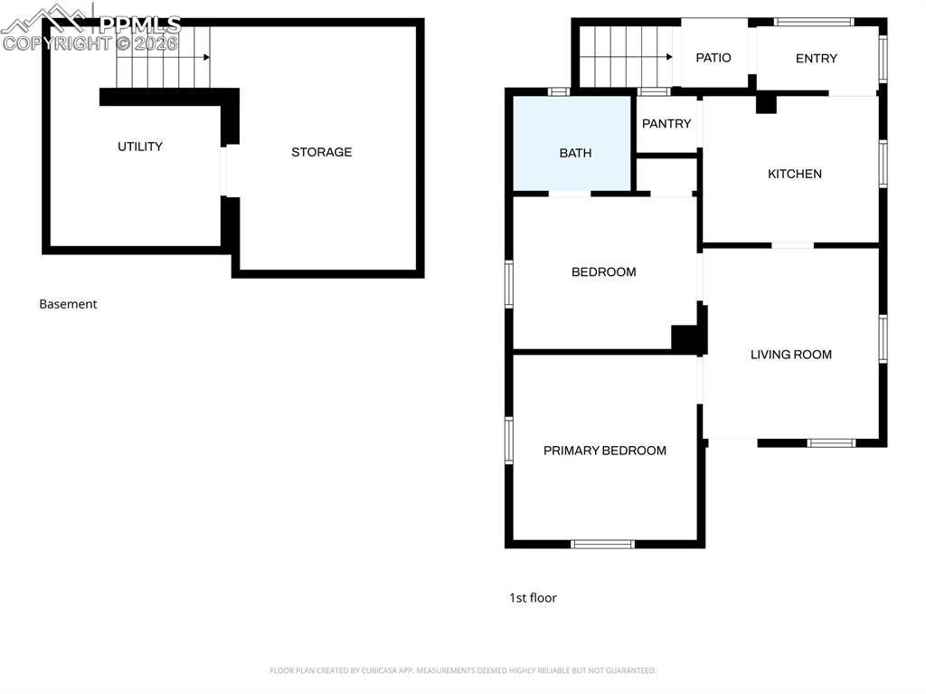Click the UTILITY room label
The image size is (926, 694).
coord(140,147)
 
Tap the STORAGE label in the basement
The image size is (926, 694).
coord(321,152)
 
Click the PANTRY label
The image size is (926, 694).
coord(666,124)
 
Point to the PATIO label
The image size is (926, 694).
coord(713,58)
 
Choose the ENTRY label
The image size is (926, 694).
coord(817,59)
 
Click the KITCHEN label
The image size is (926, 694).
coord(795,174)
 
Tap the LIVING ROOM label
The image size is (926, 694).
coord(791,355)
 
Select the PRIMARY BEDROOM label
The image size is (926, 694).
coord(604,451)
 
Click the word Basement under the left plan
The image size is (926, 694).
coord(68,304)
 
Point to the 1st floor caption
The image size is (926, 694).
coord(533,598)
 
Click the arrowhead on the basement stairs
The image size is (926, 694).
coord(207,57)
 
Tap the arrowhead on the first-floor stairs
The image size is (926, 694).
coord(669,57)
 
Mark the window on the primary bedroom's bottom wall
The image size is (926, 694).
coord(603,544)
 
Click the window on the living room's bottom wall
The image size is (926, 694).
coord(831,442)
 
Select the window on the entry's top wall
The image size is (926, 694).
coord(814,22)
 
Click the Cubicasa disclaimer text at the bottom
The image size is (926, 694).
coord(462,670)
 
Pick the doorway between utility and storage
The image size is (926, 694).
coord(226,170)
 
